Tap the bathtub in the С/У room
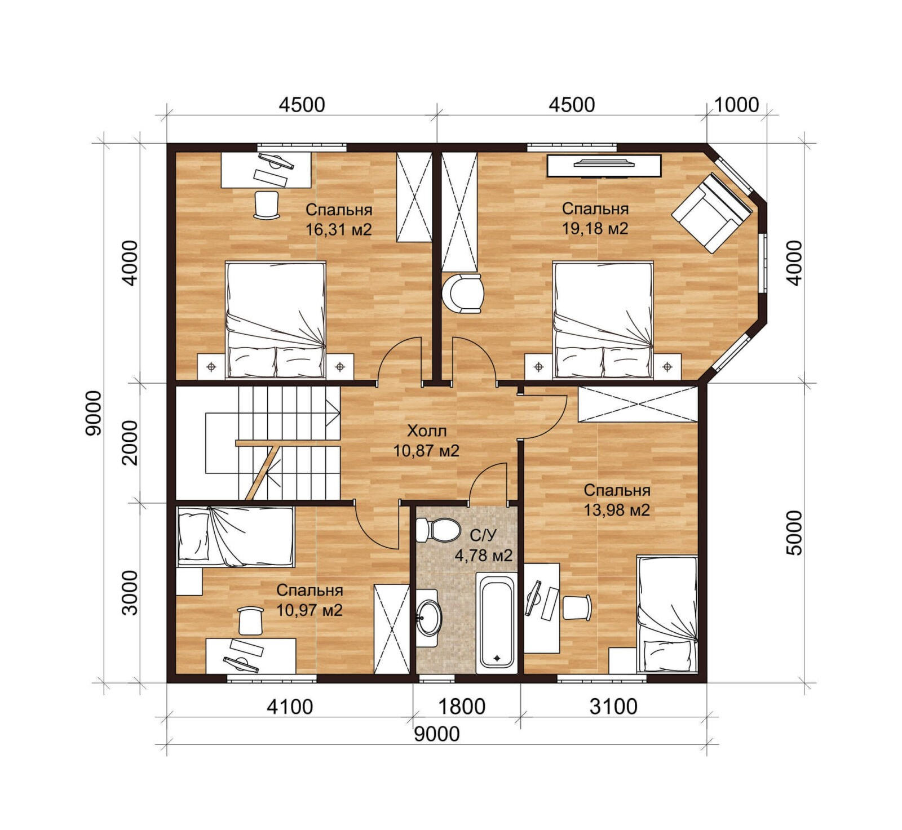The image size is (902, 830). [496, 624]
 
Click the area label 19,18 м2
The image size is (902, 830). [595, 228]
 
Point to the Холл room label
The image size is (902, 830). [427, 431]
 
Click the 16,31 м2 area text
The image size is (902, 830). [338, 229]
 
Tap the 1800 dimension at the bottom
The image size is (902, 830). [462, 706]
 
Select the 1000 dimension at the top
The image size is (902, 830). [736, 105]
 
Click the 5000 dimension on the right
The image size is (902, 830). [794, 533]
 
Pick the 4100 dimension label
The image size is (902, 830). [290, 706]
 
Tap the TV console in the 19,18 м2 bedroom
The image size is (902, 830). [604, 166]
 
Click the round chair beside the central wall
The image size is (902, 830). [463, 292]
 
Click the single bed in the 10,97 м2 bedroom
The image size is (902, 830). [236, 536]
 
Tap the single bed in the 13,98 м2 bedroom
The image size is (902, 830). [667, 614]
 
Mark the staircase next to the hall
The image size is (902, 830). [258, 442]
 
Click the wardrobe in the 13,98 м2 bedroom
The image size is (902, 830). [639, 404]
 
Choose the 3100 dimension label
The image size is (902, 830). [613, 706]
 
